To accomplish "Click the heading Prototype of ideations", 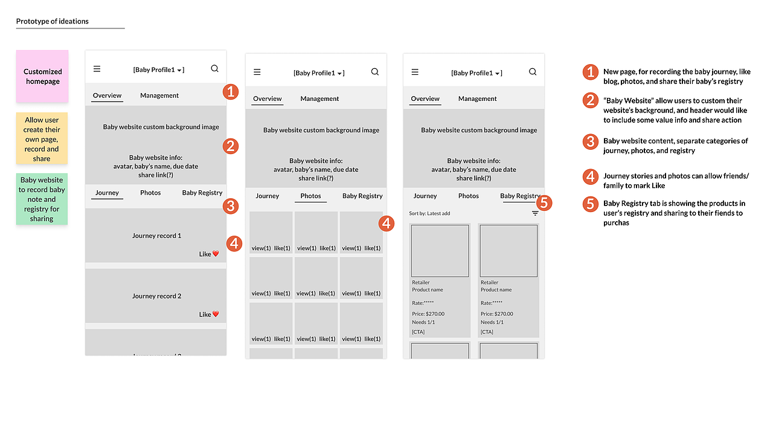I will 53,21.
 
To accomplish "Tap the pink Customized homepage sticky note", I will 42,76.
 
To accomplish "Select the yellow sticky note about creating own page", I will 42,139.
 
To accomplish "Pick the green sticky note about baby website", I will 42,199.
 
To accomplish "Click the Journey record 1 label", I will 156,236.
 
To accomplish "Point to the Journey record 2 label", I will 156,296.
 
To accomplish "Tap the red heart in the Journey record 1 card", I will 216,254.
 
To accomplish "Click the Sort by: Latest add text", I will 429,213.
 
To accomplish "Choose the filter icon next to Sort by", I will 535,213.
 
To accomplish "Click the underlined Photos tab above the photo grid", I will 310,196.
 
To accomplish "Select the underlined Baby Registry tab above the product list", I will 521,196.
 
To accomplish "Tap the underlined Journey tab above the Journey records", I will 107,193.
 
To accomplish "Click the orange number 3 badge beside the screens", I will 230,207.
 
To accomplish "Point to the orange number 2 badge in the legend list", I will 591,100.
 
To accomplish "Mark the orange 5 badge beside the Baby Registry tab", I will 544,203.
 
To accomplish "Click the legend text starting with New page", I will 673,77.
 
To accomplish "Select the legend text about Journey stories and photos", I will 676,181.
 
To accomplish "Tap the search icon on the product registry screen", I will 533,71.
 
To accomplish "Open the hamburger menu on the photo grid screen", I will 257,72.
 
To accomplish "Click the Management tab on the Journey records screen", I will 159,95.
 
